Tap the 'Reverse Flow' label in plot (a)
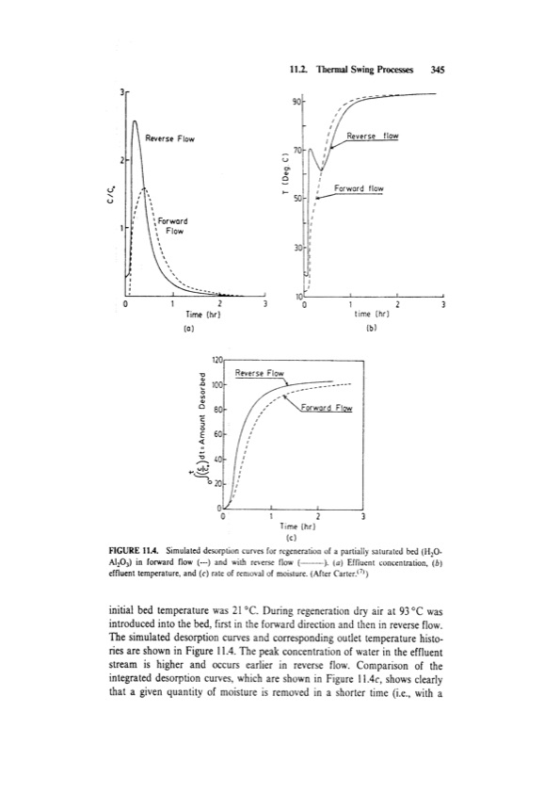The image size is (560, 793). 170,139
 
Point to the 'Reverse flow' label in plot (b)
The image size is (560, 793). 373,136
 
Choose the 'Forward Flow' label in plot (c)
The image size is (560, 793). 327,409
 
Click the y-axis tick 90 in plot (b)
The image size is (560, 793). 296,101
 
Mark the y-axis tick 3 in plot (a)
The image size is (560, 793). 120,90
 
